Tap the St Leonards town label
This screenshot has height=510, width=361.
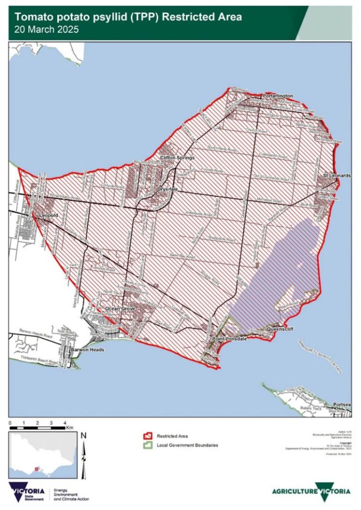click(x=337, y=176)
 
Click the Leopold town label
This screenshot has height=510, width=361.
click(x=49, y=215)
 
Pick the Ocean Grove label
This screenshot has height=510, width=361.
click(x=119, y=309)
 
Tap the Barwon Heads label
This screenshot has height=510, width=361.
click(x=87, y=350)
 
